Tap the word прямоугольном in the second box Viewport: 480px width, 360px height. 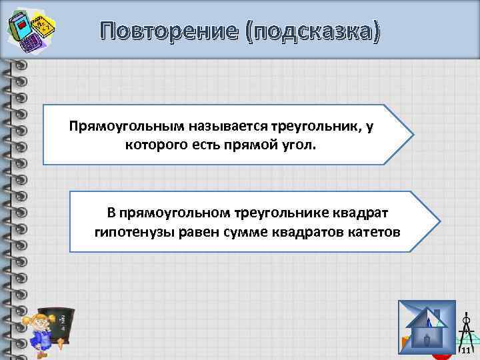click(x=175, y=213)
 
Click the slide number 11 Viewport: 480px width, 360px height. click(x=466, y=351)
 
